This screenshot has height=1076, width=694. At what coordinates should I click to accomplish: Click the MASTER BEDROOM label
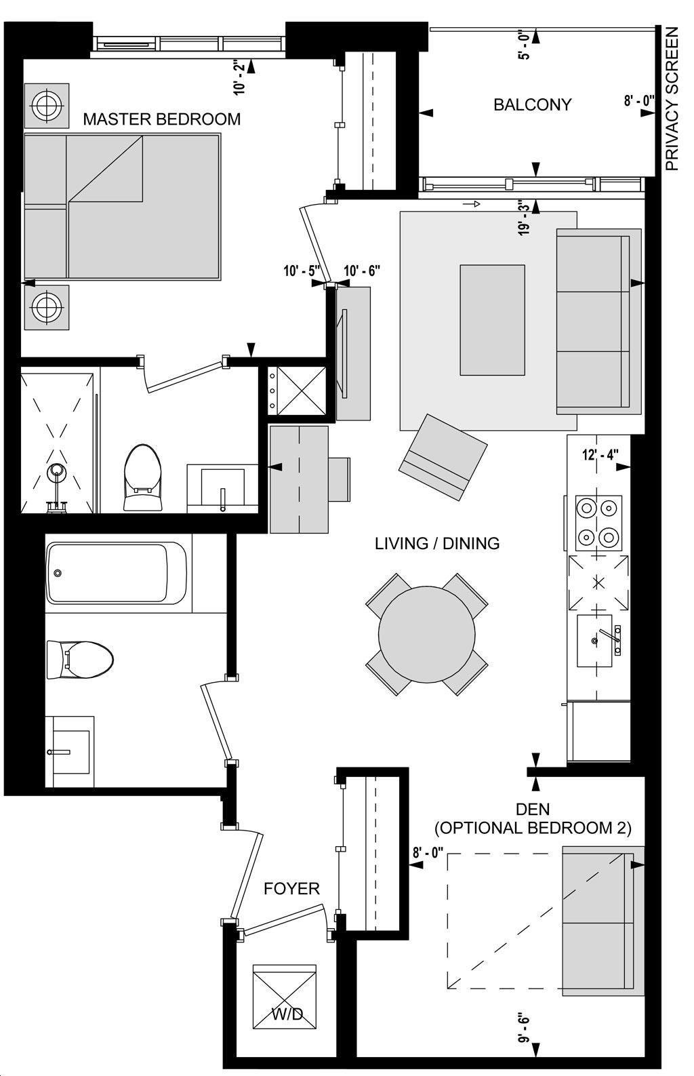coord(162,119)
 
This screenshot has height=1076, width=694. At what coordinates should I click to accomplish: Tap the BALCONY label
coord(533,104)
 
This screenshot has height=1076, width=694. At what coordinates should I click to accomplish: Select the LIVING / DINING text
coord(437,543)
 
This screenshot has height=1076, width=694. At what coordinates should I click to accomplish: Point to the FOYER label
coord(291,889)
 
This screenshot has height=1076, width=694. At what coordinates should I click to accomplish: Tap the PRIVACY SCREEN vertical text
coord(672,98)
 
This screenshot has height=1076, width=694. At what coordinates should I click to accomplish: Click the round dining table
coord(426,634)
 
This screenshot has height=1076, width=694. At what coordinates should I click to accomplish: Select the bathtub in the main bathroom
coord(117,573)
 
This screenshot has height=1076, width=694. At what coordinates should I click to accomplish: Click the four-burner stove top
coord(598,523)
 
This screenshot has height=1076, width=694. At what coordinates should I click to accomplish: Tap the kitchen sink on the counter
coord(596,640)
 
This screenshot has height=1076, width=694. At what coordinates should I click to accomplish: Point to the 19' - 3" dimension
coord(525,219)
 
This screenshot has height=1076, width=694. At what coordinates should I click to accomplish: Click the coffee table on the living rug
coord(492,319)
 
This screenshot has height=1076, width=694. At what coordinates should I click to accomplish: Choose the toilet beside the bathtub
coord(80,659)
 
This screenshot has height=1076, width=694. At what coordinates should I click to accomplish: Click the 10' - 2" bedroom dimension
coord(240,78)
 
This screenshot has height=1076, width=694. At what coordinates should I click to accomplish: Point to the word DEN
coord(533,810)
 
